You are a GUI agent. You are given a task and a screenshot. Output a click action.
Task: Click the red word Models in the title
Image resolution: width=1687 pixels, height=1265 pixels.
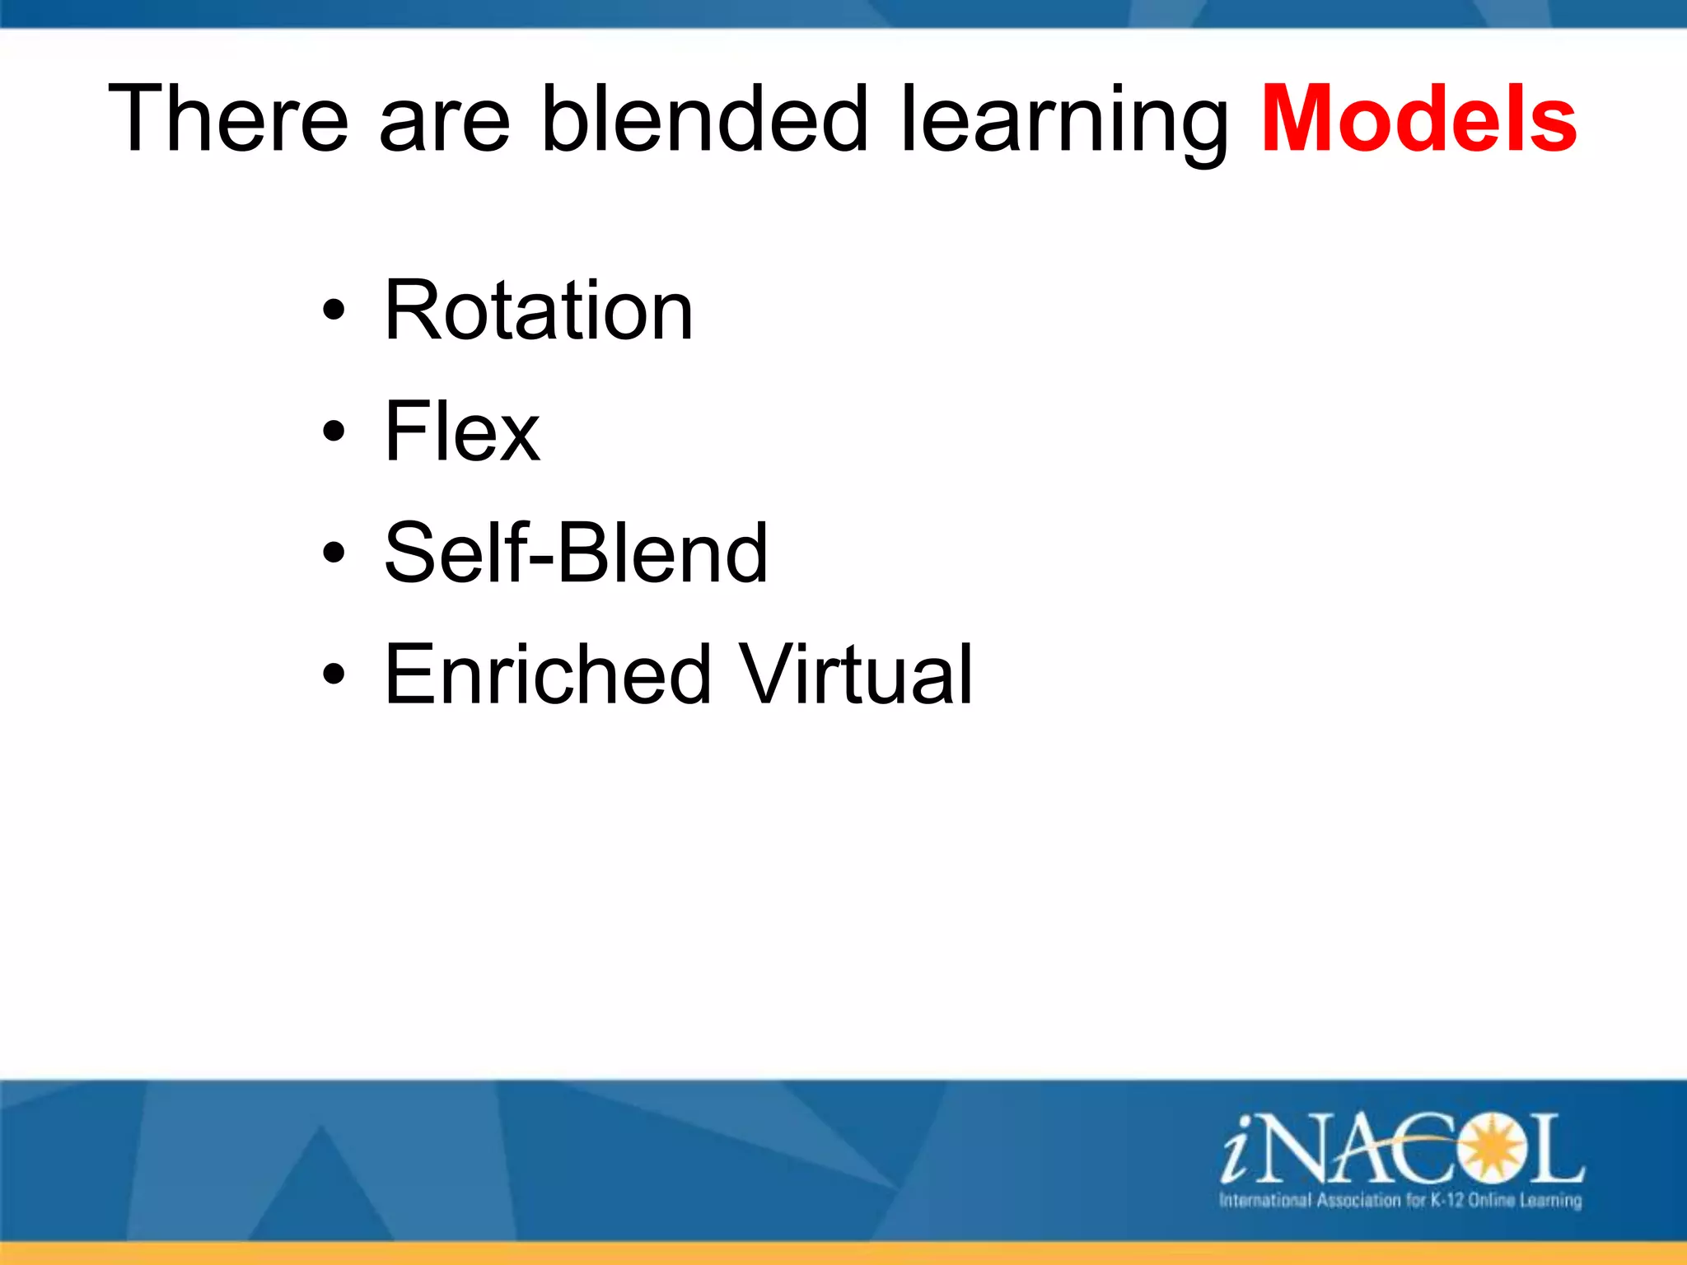(x=1418, y=119)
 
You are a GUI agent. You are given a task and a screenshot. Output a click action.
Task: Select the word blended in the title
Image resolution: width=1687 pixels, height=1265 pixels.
(x=705, y=119)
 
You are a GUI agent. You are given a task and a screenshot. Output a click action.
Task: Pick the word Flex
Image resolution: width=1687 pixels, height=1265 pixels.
(x=461, y=432)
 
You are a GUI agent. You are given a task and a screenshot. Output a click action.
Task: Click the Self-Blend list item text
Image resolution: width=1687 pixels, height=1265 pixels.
(x=576, y=553)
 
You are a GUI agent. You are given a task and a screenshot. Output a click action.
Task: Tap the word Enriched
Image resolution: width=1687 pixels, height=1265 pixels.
(x=548, y=675)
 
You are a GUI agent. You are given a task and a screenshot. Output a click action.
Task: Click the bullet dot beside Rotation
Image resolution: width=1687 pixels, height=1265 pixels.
(x=334, y=311)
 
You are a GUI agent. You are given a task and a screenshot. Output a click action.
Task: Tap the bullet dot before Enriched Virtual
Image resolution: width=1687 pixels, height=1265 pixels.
(x=334, y=675)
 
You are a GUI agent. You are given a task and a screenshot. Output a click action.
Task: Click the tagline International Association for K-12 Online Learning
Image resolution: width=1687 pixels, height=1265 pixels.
(x=1400, y=1200)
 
